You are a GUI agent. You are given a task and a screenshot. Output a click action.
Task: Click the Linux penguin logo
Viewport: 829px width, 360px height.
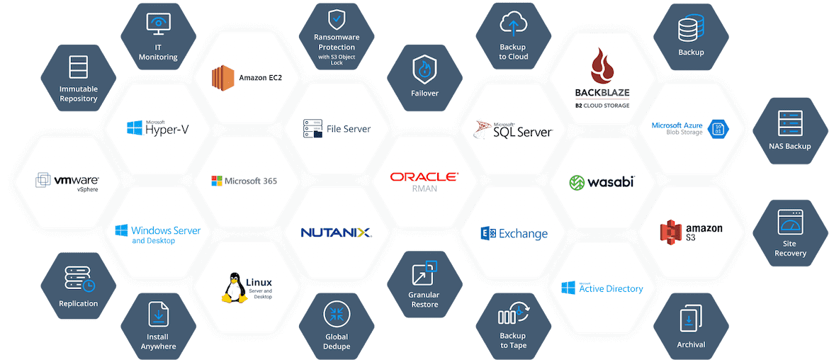pos(235,288)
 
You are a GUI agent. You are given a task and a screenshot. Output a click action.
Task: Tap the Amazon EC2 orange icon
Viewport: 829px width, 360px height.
pos(222,78)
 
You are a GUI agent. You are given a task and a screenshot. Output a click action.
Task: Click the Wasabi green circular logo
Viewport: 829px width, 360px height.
pos(577,182)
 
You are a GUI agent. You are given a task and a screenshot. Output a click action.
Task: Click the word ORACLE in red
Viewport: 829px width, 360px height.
pos(424,177)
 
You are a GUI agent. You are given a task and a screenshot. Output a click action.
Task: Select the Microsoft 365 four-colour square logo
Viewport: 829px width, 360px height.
pos(216,181)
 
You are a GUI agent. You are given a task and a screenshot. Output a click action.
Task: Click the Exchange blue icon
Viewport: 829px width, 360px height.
pos(487,233)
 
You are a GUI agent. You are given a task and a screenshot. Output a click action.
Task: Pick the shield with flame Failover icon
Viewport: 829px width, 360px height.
pos(424,69)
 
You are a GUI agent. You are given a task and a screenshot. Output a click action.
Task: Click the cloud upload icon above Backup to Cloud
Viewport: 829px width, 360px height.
pos(513,25)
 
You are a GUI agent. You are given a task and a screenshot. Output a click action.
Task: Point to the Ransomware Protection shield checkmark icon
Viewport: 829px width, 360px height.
pos(337,20)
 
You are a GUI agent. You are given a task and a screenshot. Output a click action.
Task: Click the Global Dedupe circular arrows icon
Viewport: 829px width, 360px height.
pos(337,315)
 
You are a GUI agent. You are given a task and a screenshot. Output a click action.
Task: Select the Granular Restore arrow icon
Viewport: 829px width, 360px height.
pos(424,273)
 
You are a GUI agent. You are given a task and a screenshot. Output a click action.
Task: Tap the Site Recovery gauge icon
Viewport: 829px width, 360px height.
pos(790,222)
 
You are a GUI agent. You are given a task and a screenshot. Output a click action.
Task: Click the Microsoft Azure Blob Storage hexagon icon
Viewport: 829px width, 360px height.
pos(719,128)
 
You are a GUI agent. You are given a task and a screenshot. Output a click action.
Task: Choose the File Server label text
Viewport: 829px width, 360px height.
pos(349,128)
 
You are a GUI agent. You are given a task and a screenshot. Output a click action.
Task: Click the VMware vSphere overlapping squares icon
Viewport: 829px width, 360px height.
pos(43,180)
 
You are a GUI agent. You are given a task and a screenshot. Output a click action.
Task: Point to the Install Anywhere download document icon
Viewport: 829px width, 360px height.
pos(158,315)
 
